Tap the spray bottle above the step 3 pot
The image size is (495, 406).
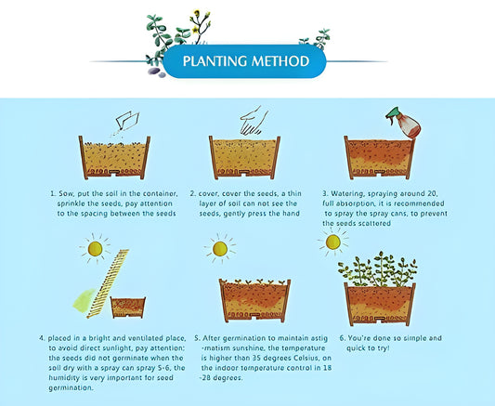[x=404, y=123]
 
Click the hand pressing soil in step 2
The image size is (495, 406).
[x=254, y=120]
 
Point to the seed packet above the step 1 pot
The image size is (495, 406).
[x=127, y=121]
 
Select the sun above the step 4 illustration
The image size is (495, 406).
[x=95, y=249]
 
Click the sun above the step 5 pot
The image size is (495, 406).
[x=220, y=249]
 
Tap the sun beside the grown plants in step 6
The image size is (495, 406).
[x=333, y=242]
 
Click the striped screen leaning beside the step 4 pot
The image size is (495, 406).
[x=109, y=283]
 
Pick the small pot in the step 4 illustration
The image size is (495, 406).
[x=128, y=308]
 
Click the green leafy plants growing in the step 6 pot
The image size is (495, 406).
[x=378, y=270]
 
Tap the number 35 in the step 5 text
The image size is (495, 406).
[x=256, y=358]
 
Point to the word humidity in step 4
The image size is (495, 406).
[x=64, y=378]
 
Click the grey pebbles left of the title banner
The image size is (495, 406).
[x=156, y=72]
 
